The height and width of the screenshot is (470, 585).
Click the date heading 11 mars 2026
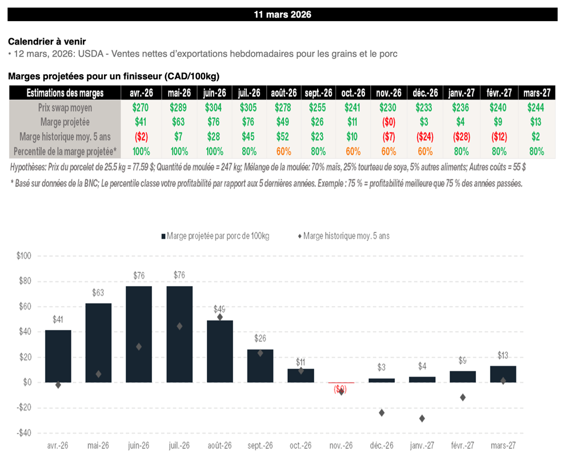(x=282, y=15)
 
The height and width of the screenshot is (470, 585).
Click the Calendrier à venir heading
(x=47, y=42)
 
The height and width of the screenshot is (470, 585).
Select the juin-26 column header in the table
(x=215, y=93)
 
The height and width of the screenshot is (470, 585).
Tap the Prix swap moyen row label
(x=66, y=107)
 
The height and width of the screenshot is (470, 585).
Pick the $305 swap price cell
(x=249, y=107)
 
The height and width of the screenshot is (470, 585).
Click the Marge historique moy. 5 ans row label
(x=65, y=137)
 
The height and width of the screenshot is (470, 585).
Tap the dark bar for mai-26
(x=98, y=343)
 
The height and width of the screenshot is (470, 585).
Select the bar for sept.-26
(x=260, y=365)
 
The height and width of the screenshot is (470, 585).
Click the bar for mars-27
(x=503, y=374)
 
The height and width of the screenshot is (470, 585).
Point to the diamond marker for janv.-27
(x=422, y=419)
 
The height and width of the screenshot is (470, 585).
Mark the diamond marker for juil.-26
(x=179, y=326)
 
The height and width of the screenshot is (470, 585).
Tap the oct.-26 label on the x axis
(x=300, y=446)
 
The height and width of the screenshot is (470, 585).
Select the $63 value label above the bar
(x=98, y=293)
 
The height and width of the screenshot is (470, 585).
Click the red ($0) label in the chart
(x=340, y=390)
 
